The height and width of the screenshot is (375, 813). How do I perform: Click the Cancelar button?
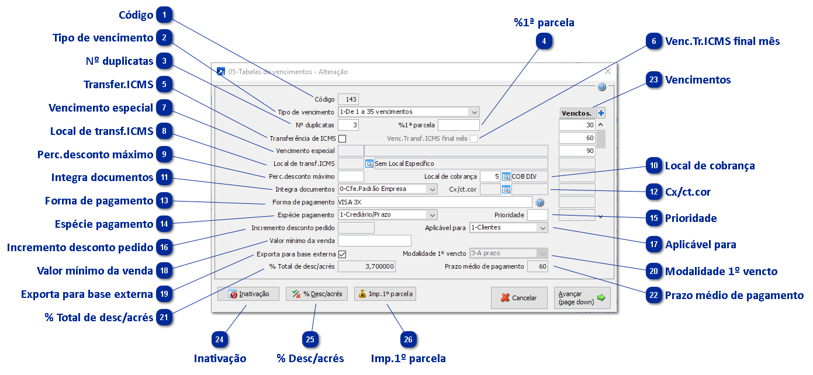[519, 298]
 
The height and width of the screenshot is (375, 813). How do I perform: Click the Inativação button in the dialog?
[248, 294]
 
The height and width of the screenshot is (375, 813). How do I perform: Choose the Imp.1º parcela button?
[385, 294]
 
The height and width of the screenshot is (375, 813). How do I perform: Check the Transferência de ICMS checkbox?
[343, 139]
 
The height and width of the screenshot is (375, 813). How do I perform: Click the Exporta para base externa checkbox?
[343, 254]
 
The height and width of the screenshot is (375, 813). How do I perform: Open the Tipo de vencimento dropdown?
[409, 112]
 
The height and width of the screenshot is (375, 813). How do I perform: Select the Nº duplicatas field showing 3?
[348, 125]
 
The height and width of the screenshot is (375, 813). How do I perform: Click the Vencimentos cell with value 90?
[577, 151]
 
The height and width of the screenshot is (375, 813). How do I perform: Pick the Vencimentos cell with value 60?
[577, 138]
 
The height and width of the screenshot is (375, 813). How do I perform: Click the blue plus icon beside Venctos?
[601, 113]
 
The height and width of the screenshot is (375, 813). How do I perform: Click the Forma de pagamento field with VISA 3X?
[434, 202]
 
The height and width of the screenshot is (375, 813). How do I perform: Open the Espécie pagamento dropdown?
[388, 214]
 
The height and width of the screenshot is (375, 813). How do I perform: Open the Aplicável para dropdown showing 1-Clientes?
[508, 228]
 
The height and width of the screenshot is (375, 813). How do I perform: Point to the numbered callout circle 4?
[545, 41]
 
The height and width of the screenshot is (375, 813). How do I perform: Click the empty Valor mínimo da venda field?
[375, 241]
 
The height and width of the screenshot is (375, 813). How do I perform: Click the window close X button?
[608, 71]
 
